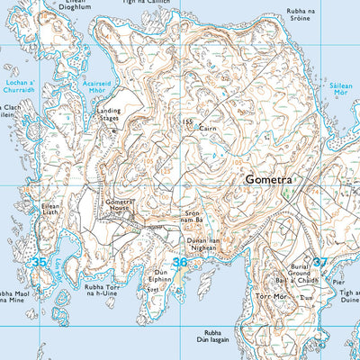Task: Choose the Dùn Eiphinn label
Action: tap(163, 275)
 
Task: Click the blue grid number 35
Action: tap(38, 262)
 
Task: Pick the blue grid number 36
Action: tap(180, 263)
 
